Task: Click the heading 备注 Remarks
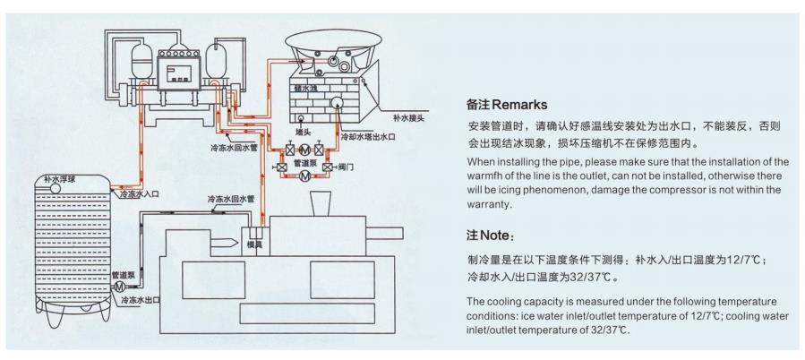point(506,105)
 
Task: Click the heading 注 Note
point(490,236)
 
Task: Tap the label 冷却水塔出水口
point(367,137)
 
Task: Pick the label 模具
point(255,243)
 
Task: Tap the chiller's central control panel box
point(182,73)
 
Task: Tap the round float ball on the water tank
point(42,188)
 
